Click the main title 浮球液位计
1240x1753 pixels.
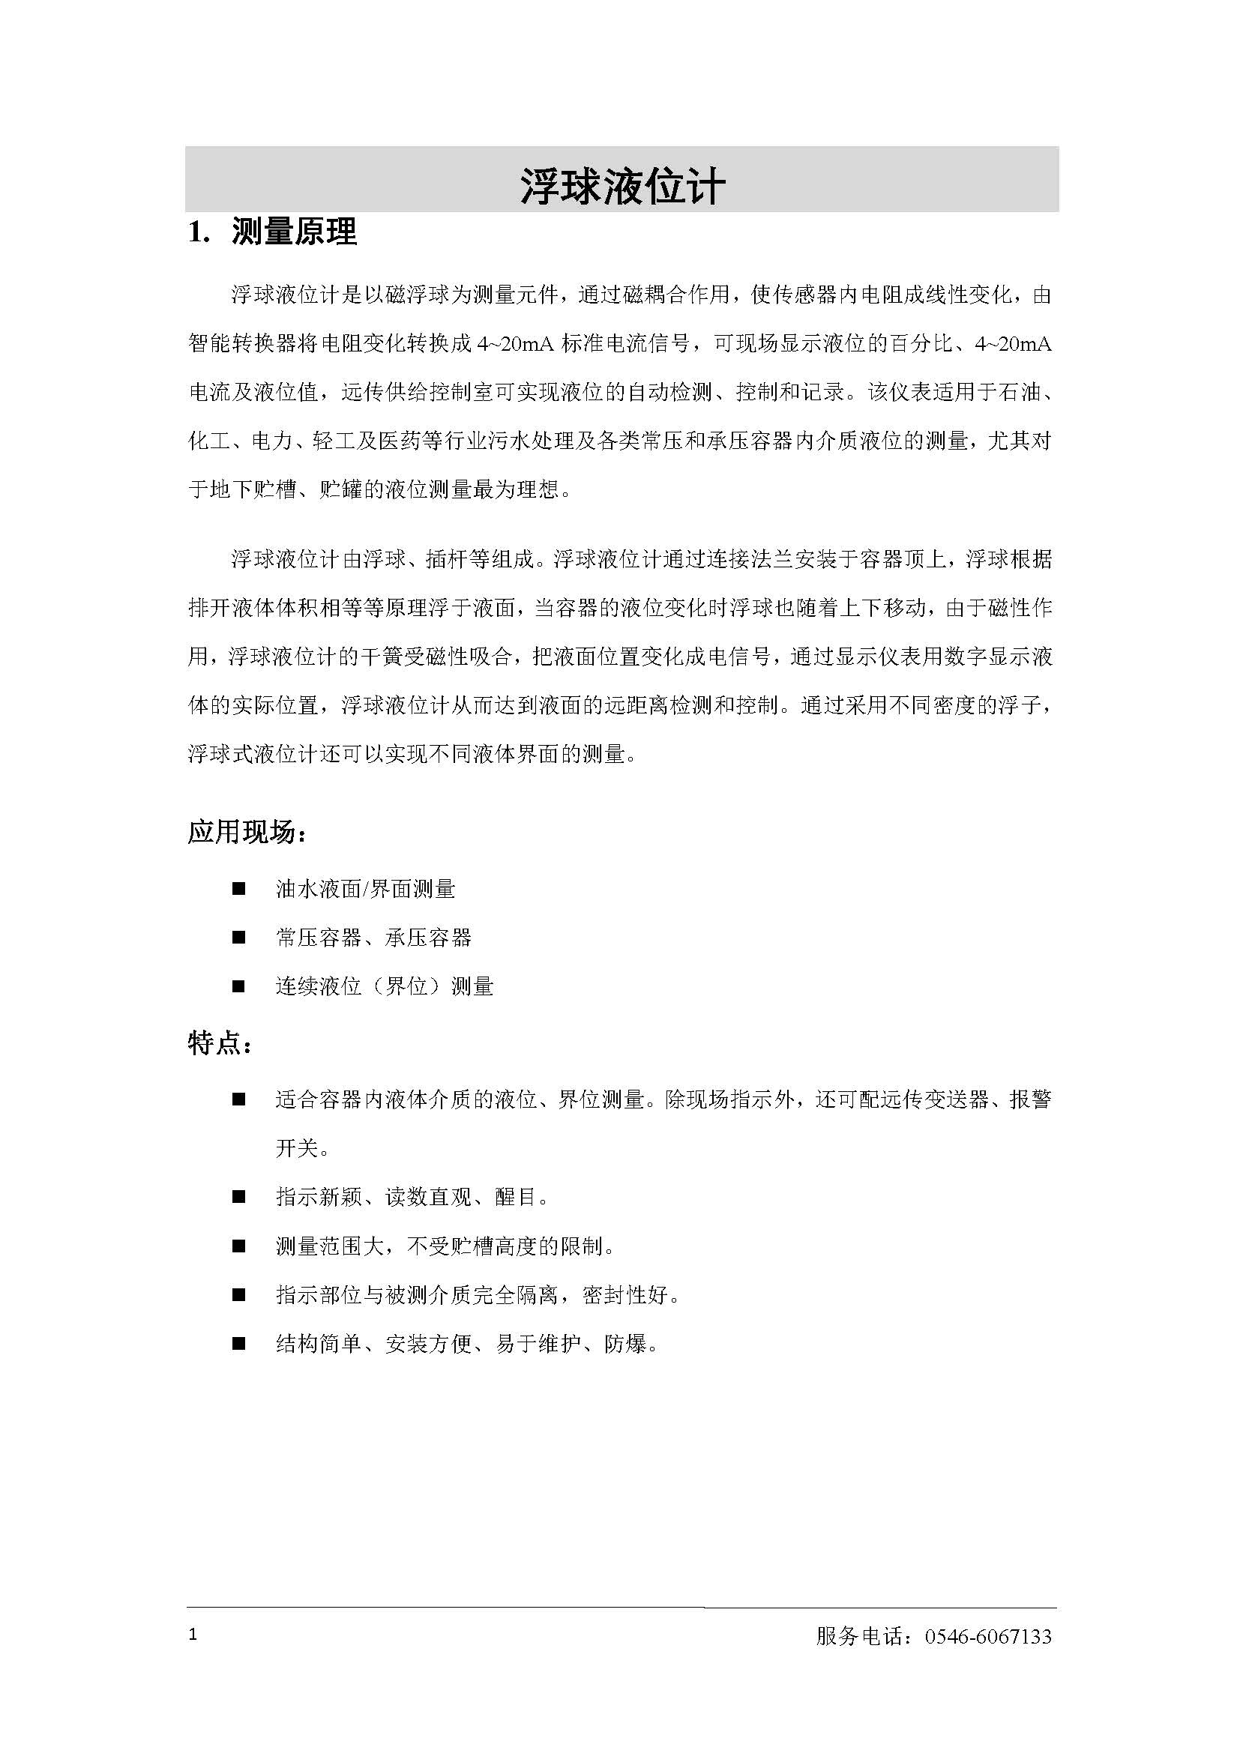[x=621, y=186]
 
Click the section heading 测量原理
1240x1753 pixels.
[x=294, y=232]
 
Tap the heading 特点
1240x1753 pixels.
[x=216, y=1043]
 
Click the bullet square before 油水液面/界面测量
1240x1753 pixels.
[x=239, y=889]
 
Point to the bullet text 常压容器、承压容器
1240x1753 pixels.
[x=373, y=938]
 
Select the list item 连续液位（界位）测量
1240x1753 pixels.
[x=384, y=986]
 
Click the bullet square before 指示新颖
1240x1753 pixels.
[x=239, y=1197]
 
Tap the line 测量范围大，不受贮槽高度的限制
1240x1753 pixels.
[x=445, y=1246]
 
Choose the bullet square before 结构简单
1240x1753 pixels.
[x=239, y=1344]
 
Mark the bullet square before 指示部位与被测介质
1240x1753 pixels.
[x=239, y=1295]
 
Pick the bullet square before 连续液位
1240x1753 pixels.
[x=239, y=986]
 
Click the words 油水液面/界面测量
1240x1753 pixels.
[x=365, y=889]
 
